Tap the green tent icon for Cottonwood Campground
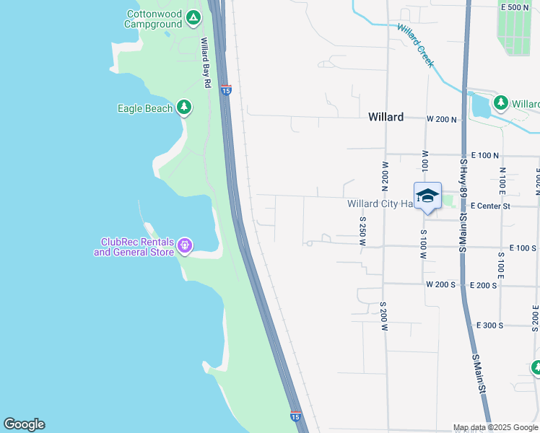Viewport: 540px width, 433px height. coord(193,17)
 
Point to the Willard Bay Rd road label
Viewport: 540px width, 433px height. coord(206,63)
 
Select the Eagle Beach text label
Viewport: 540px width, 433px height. coord(145,108)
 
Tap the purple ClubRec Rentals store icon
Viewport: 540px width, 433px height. coord(186,246)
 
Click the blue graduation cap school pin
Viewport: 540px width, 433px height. coord(427,196)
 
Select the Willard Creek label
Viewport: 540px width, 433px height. coord(416,45)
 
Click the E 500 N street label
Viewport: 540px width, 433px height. coord(515,7)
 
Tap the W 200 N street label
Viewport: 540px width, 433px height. coord(442,118)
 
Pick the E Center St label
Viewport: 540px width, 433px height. coord(490,206)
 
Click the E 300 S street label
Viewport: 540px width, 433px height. coord(489,325)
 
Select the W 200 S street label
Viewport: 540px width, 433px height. coord(440,285)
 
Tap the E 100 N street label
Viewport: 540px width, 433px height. coord(484,156)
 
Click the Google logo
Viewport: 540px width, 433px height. coord(24,424)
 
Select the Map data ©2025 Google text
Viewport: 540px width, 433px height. coord(496,428)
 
